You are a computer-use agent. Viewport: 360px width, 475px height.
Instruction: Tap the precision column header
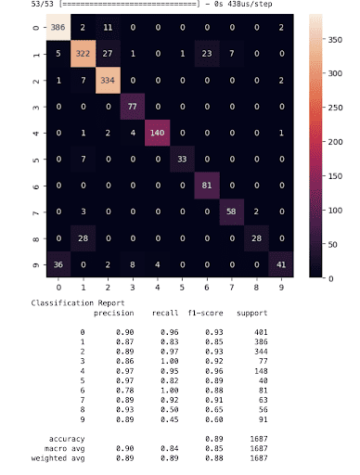coord(114,314)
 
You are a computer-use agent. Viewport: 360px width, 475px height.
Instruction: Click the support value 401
coord(248,332)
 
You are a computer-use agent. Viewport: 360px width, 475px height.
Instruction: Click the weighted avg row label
coord(68,457)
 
